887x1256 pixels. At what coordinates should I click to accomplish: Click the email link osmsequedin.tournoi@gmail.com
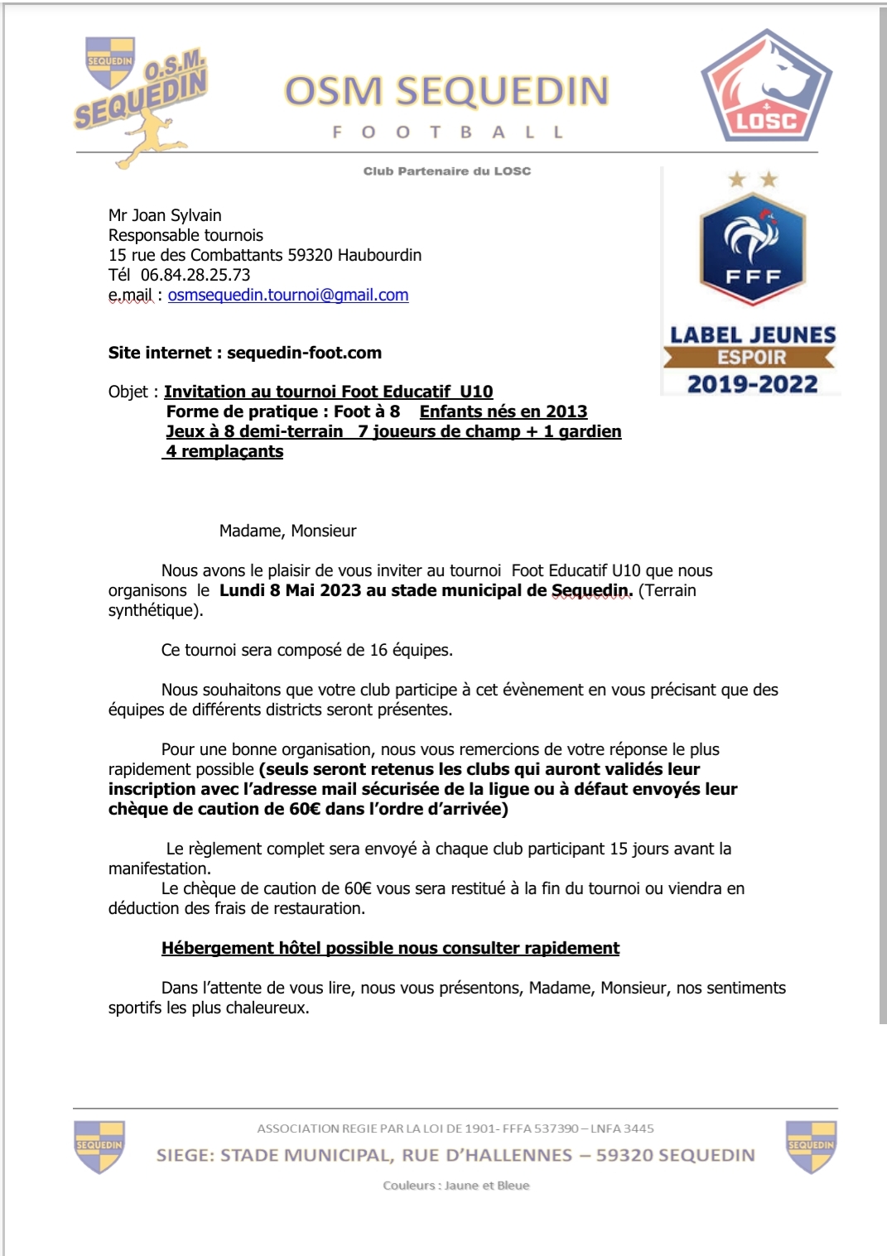(x=288, y=295)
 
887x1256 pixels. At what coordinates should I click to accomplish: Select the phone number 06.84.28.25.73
(x=195, y=275)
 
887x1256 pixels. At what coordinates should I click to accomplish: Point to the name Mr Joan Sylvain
(x=165, y=215)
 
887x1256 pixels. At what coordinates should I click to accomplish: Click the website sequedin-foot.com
(x=304, y=353)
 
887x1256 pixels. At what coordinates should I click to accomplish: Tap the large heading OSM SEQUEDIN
(x=446, y=91)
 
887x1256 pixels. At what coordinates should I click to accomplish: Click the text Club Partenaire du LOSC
(x=446, y=171)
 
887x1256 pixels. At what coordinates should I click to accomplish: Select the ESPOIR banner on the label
(x=751, y=358)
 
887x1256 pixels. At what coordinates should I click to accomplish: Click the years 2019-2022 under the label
(x=752, y=384)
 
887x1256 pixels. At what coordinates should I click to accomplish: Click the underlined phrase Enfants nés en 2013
(x=503, y=411)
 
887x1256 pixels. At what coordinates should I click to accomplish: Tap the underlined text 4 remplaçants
(x=224, y=451)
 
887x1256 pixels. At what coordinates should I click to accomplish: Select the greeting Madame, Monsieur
(x=287, y=531)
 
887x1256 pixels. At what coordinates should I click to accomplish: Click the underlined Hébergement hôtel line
(x=390, y=948)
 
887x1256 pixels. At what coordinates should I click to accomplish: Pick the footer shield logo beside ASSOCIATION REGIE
(x=99, y=1147)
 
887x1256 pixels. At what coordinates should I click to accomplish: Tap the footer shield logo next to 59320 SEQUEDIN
(x=811, y=1147)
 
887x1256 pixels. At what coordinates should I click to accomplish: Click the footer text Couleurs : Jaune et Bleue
(x=456, y=1186)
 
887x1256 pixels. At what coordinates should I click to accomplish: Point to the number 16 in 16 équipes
(x=378, y=650)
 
